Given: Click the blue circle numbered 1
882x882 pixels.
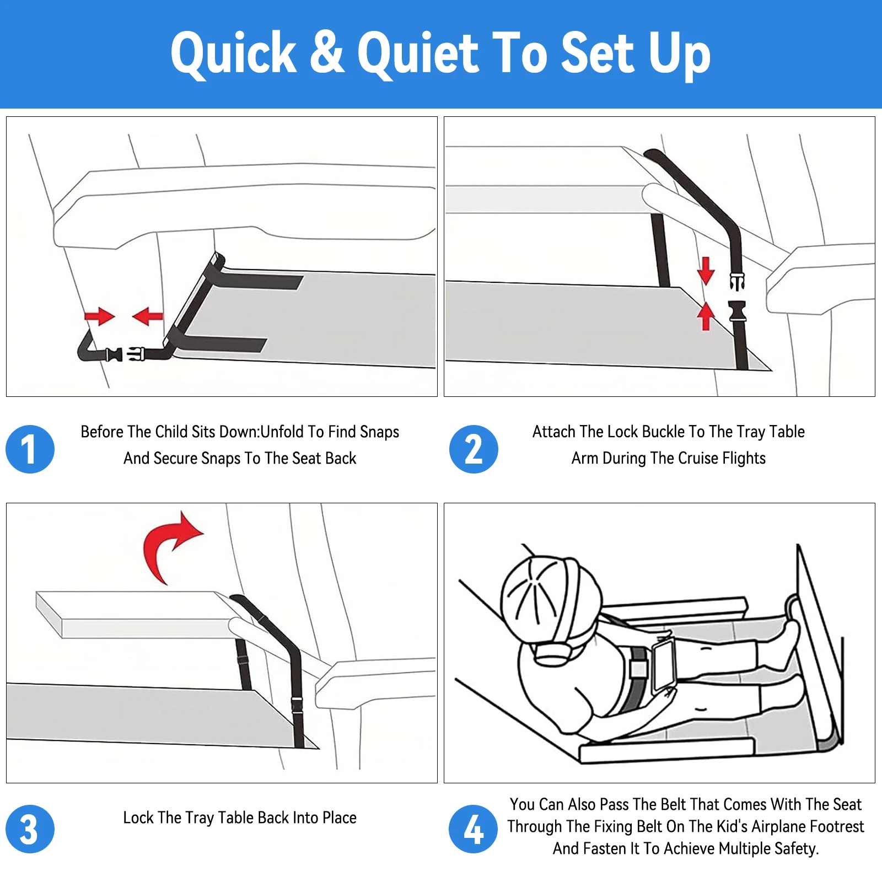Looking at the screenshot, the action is click(x=30, y=449).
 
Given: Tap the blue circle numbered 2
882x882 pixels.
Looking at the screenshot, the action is click(x=474, y=449).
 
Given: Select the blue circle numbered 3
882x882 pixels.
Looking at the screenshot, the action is click(x=30, y=829).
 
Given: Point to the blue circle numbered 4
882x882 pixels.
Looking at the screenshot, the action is click(x=474, y=829).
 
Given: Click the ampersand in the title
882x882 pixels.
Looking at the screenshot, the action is click(x=327, y=52).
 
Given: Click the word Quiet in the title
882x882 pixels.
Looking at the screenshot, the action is click(x=418, y=53).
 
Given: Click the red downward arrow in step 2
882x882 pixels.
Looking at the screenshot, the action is click(x=706, y=270).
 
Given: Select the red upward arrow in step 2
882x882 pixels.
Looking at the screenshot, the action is click(x=706, y=316).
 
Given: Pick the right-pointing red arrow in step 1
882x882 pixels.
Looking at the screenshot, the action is click(x=100, y=316).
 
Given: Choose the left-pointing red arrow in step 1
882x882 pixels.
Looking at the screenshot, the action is click(x=148, y=316).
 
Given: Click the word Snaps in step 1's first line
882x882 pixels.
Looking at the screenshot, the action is click(x=379, y=432).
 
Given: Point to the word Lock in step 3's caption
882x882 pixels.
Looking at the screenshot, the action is click(x=137, y=818).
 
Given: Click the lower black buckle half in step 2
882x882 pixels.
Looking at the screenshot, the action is click(x=737, y=312).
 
